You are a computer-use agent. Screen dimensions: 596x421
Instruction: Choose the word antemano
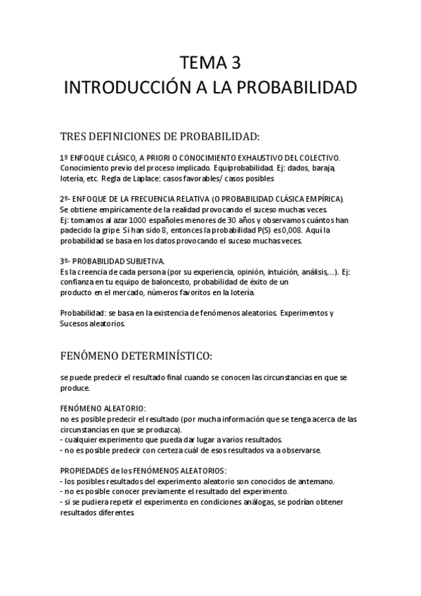pos(315,481)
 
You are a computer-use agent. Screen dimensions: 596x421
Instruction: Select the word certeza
pos(183,450)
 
